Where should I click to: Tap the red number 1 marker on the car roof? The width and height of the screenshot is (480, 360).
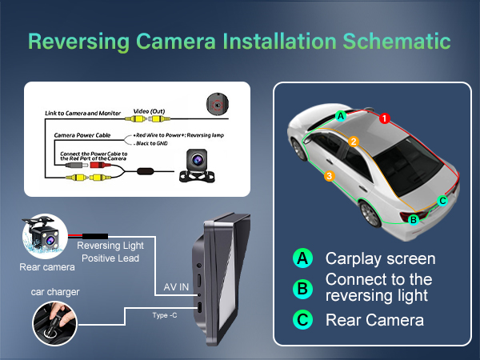coord(384,118)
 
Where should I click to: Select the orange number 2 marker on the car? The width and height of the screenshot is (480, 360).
coord(353,142)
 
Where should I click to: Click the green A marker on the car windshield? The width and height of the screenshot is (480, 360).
coord(341,115)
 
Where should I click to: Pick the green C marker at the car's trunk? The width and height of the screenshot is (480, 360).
coord(442,201)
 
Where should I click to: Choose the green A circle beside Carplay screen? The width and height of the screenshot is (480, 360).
coord(302,258)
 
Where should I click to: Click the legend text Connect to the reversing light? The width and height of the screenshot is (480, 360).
coord(378,288)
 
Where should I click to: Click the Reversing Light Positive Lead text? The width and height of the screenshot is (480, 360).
coord(111,251)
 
